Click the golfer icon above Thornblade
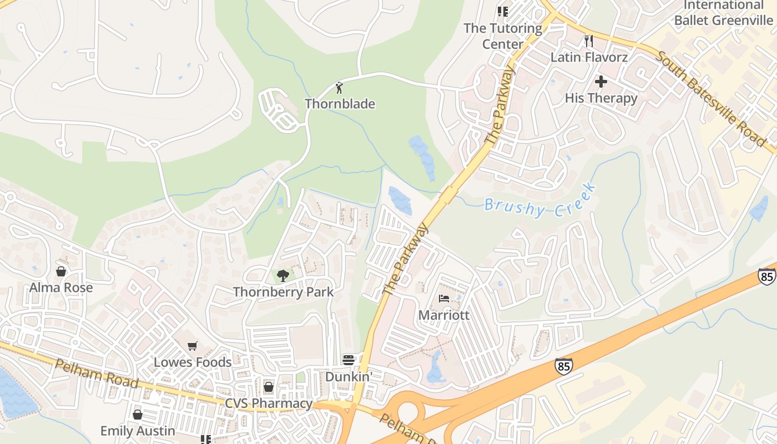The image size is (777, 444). pyautogui.click(x=340, y=87)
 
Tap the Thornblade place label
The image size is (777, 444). pyautogui.click(x=340, y=104)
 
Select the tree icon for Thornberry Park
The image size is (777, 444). pyautogui.click(x=283, y=275)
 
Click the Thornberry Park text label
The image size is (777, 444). pyautogui.click(x=283, y=292)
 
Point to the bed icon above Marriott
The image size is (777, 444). pyautogui.click(x=444, y=299)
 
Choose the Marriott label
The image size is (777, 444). pyautogui.click(x=444, y=315)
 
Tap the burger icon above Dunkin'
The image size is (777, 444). pyautogui.click(x=349, y=360)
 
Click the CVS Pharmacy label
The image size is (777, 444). pyautogui.click(x=269, y=403)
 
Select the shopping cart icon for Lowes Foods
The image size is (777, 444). pyautogui.click(x=193, y=346)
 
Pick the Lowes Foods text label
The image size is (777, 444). pyautogui.click(x=193, y=362)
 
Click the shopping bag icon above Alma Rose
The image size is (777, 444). pyautogui.click(x=61, y=271)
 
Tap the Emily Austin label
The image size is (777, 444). pyautogui.click(x=138, y=431)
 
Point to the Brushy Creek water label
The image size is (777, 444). pyautogui.click(x=539, y=200)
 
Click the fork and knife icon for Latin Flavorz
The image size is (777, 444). pyautogui.click(x=589, y=41)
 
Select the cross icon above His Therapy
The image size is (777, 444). pyautogui.click(x=601, y=82)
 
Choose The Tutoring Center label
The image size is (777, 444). pyautogui.click(x=503, y=36)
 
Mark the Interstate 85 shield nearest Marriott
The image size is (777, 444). pyautogui.click(x=563, y=365)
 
